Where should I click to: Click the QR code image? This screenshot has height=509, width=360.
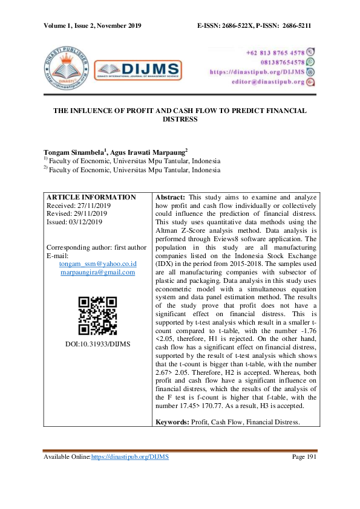97,315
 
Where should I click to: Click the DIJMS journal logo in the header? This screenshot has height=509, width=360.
138,68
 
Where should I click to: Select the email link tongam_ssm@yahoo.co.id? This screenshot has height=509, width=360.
97,264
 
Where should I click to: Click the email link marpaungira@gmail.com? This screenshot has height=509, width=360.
97,273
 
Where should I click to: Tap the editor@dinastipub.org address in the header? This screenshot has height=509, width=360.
267,82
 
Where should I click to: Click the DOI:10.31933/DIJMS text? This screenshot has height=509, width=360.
97,344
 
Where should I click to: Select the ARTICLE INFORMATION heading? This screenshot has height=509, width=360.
91,198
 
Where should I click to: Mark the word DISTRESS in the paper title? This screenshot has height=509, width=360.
180,120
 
